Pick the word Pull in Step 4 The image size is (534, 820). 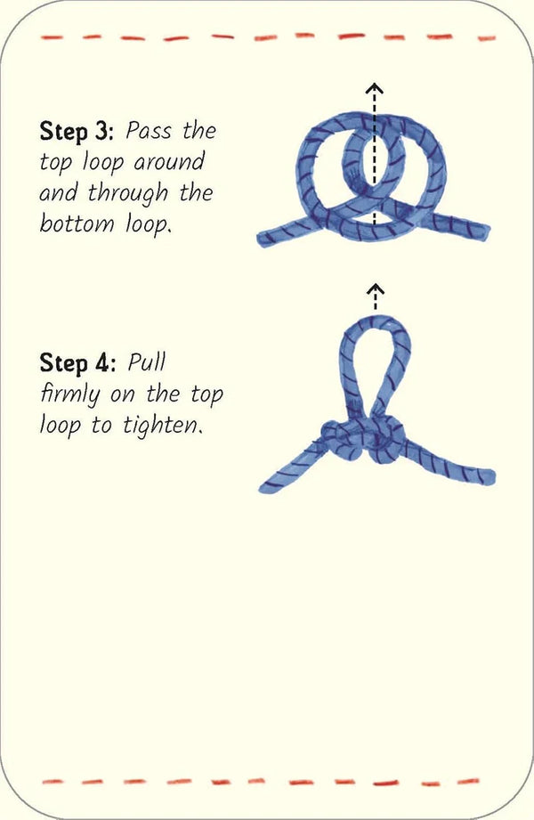coord(147,363)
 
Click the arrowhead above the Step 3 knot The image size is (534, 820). coord(376,89)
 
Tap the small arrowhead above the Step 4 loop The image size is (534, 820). coord(376,288)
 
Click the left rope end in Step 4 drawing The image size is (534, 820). coord(270,485)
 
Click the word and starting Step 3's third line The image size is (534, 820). coord(59,193)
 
